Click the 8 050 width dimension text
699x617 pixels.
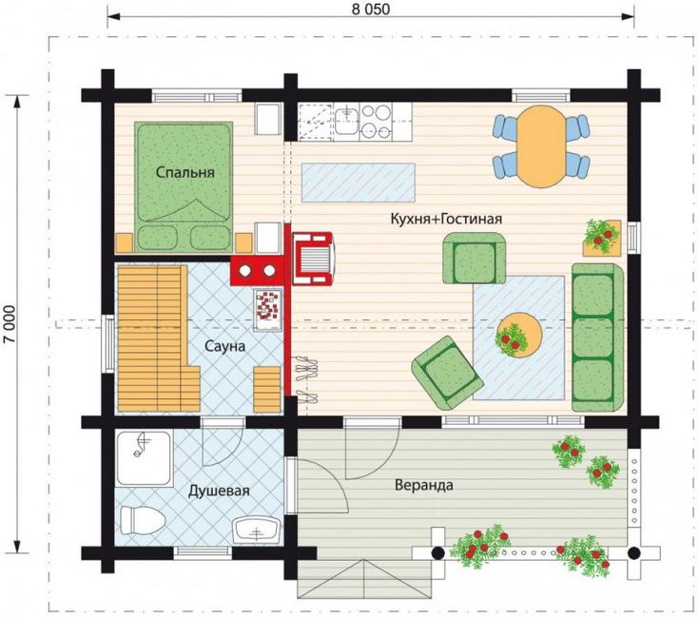pos(371,10)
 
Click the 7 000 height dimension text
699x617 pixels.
pos(10,324)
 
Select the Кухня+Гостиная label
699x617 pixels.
pos(446,219)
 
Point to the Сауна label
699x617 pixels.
pos(224,346)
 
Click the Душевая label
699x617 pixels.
pos(219,491)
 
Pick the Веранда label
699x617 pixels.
pos(424,485)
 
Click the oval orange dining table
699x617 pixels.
pos(541,146)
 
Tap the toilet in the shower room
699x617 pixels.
pos(143,520)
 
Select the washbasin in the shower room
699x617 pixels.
pos(257,530)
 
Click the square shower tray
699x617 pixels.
pos(144,458)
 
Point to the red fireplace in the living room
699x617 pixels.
pos(312,259)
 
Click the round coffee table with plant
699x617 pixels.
pos(518,335)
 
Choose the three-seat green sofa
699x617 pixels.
pos(597,337)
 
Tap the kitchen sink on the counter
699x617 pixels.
pos(346,120)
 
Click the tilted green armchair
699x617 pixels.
pos(448,373)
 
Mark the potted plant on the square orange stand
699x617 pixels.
pos(602,237)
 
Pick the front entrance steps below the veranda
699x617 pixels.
pos(364,579)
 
